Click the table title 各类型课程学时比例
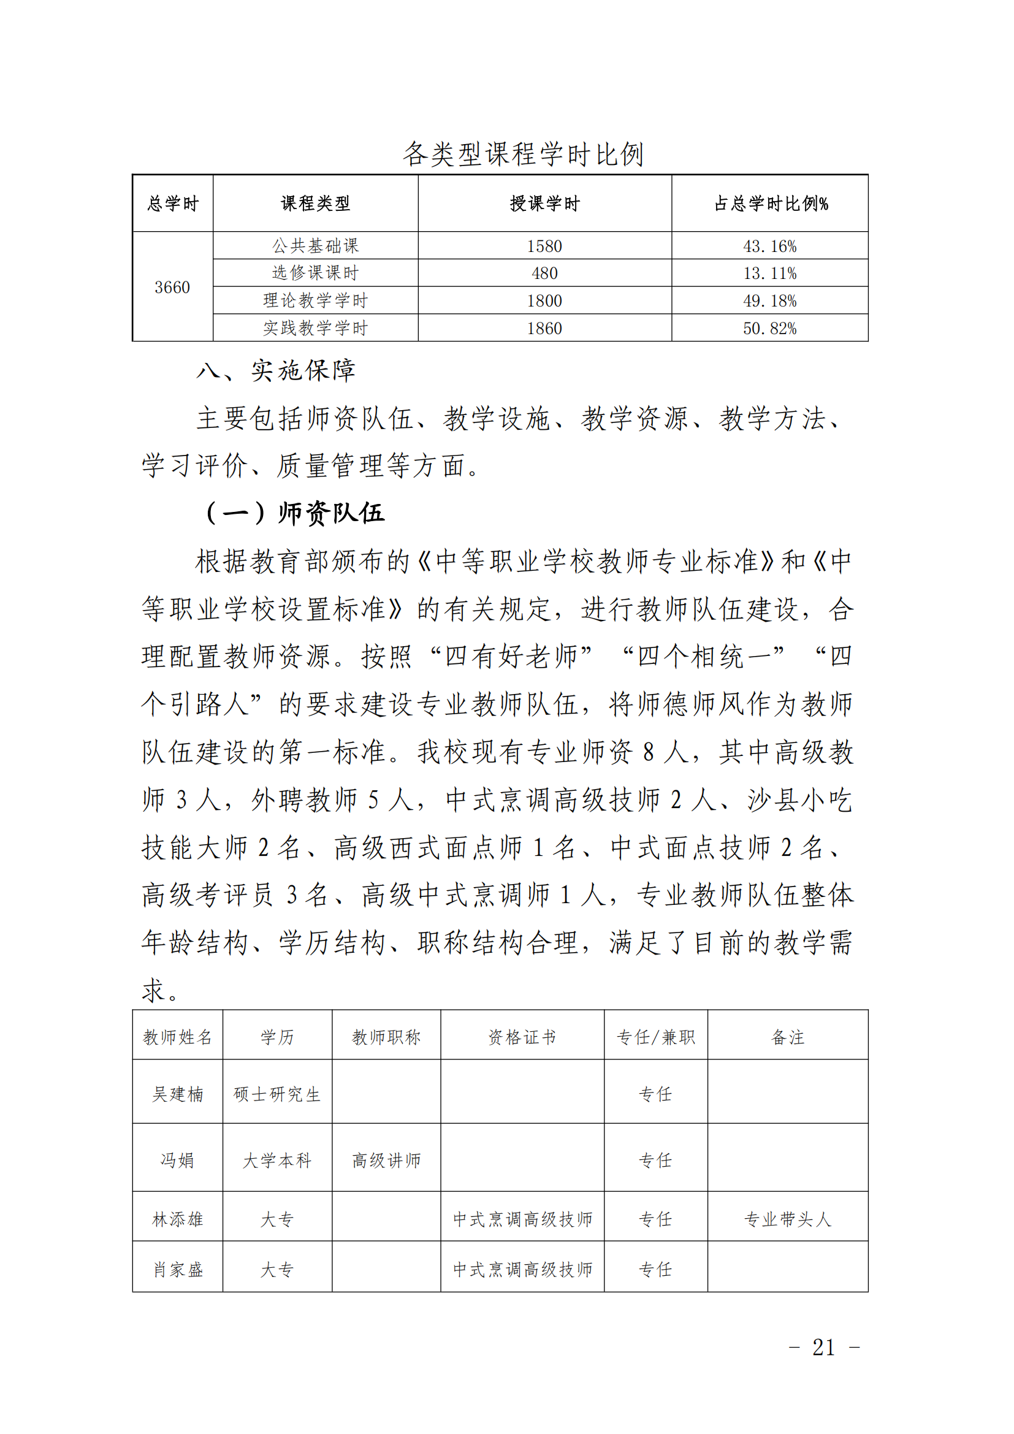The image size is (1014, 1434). (523, 154)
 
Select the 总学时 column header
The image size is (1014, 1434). (172, 204)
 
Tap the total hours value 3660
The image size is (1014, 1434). (172, 288)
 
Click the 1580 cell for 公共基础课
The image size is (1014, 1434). (544, 246)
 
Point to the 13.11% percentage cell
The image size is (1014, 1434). (770, 273)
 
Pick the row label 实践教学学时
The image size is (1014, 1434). (315, 328)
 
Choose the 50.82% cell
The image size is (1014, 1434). (770, 329)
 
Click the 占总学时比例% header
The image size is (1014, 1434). (771, 204)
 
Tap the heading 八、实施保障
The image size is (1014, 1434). (276, 371)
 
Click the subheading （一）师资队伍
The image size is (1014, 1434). (295, 513)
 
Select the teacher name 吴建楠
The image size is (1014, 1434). (178, 1094)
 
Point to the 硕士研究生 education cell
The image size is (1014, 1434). (277, 1094)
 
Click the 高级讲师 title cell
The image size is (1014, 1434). (386, 1161)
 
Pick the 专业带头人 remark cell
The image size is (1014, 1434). (788, 1219)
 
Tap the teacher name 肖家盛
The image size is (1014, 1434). (178, 1270)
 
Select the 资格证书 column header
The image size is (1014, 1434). (522, 1037)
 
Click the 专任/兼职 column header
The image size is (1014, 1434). (655, 1037)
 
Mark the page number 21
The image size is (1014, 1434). (823, 1348)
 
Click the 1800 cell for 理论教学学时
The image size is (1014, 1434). (544, 301)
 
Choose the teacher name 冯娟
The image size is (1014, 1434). (178, 1161)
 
